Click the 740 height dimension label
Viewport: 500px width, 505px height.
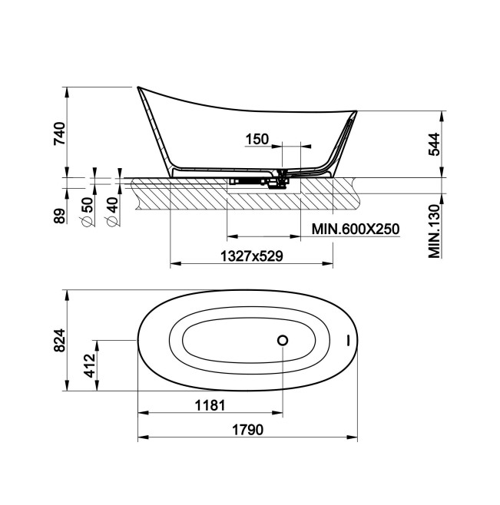point(60,134)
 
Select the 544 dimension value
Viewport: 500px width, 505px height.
point(434,144)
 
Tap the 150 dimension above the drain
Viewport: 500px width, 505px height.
point(257,140)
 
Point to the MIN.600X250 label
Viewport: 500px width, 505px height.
point(356,229)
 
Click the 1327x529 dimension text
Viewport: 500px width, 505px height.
point(252,256)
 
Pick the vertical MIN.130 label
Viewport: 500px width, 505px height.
point(434,231)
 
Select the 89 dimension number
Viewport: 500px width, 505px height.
point(60,216)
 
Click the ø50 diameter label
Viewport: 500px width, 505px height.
point(86,212)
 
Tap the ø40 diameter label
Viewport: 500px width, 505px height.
point(112,212)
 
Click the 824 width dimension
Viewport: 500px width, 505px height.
point(60,341)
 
